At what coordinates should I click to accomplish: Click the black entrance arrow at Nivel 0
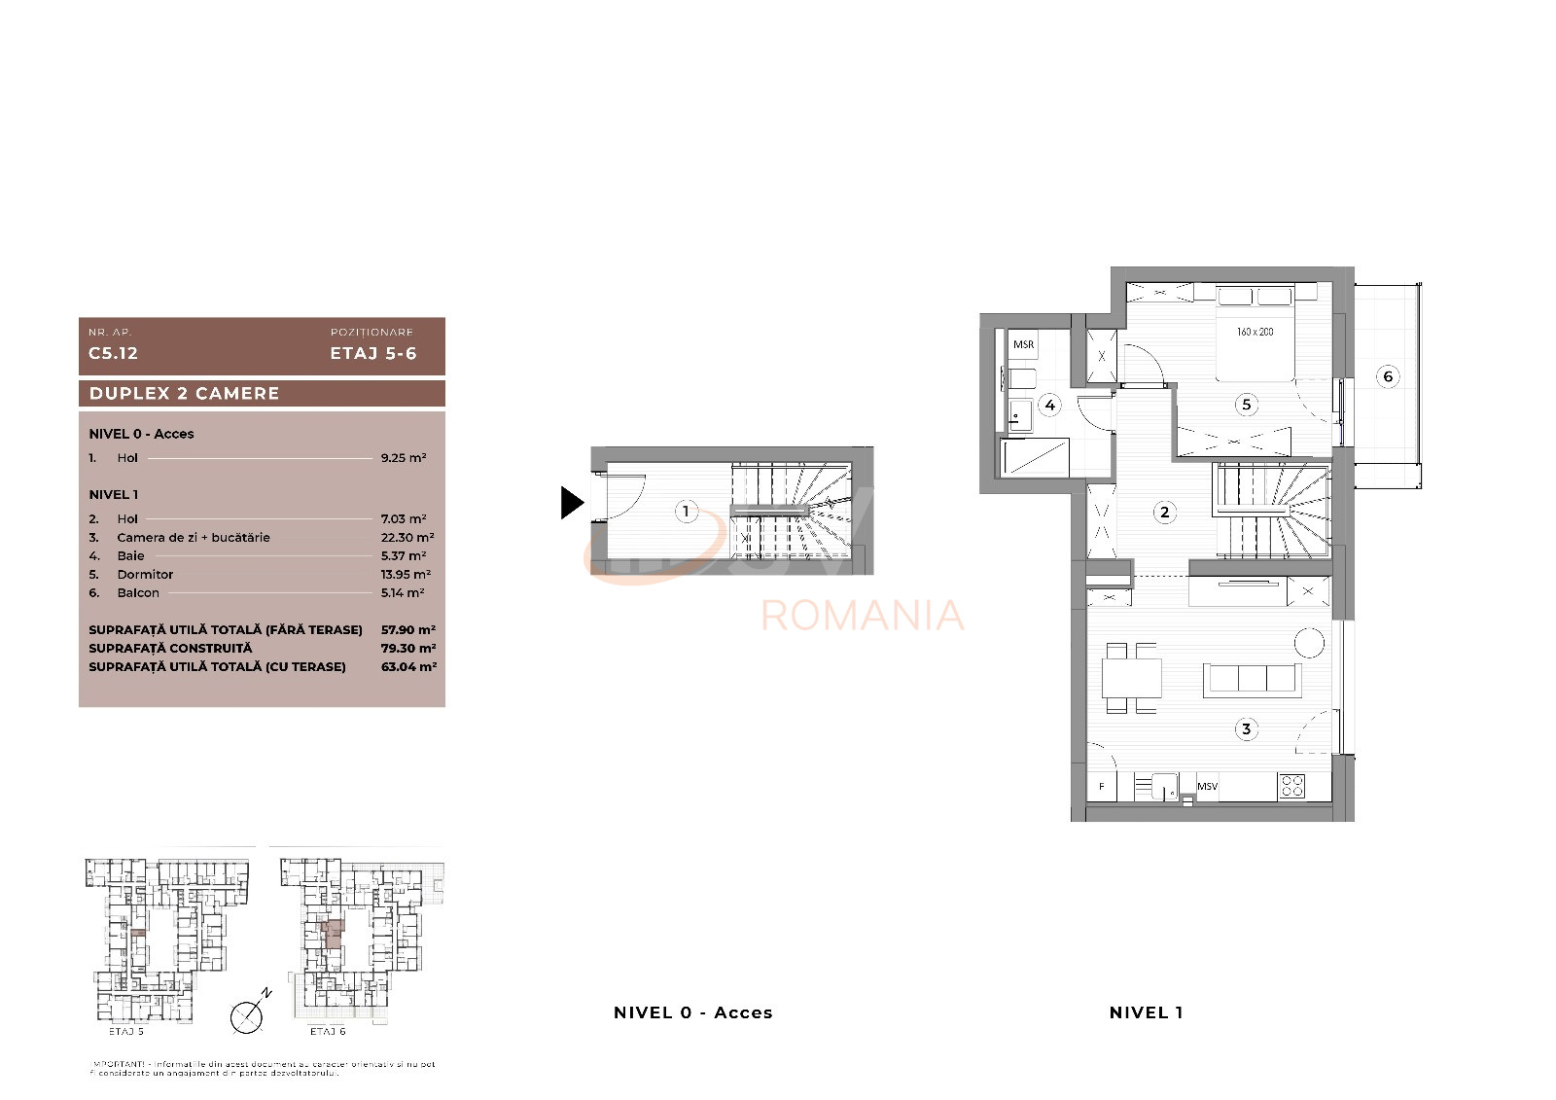click(572, 503)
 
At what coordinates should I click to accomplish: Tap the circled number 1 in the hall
click(687, 511)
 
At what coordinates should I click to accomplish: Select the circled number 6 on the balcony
click(1388, 376)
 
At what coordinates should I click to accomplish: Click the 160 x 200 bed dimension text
click(1255, 332)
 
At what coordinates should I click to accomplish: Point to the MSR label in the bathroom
click(1023, 344)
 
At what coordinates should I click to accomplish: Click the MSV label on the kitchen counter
click(1207, 786)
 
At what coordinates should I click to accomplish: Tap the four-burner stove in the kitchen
click(1291, 785)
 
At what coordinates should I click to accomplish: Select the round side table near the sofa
click(1309, 643)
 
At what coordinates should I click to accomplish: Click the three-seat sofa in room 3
click(1252, 679)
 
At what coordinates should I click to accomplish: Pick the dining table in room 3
click(1131, 678)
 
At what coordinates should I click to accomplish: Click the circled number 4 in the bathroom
click(1049, 405)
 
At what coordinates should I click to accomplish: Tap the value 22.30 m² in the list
click(407, 537)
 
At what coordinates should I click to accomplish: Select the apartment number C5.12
click(114, 353)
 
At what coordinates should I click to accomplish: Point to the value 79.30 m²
click(407, 648)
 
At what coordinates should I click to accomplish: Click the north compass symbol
click(247, 1016)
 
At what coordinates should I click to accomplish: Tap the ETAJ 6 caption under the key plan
click(328, 1031)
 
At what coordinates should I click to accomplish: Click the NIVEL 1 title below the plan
click(1146, 1012)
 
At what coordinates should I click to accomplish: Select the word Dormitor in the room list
click(145, 574)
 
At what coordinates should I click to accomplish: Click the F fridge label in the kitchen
click(1102, 786)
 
